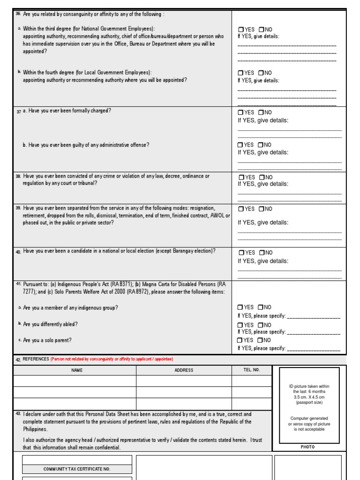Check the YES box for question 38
pos(241,177)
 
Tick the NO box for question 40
pos(262,253)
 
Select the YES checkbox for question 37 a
pos(240,112)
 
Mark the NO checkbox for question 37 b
pos(262,145)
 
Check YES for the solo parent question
pos(240,340)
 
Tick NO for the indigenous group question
pos(261,307)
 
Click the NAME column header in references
pos(77,370)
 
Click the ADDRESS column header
pos(184,370)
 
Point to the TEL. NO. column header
pos(251,370)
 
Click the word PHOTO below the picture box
pos(308,447)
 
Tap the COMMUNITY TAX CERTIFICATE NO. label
pos(77,469)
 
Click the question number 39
pos(18,208)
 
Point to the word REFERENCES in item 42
pos(36,359)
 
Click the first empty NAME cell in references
pos(75,381)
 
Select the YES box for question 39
pos(240,209)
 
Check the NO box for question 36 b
pos(261,73)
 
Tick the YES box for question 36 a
pos(240,30)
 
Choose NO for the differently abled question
pos(261,325)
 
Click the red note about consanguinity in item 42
pos(112,359)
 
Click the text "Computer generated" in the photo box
pos(309,418)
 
